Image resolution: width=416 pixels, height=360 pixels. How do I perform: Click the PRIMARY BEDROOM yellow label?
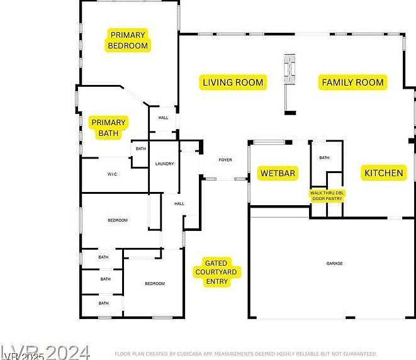(128, 40)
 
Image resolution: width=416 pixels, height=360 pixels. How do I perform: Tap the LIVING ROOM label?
(233, 82)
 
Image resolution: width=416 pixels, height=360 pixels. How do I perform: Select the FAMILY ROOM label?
(352, 82)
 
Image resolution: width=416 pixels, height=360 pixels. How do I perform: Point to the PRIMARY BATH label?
(108, 128)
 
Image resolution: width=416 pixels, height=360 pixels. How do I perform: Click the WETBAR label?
(278, 173)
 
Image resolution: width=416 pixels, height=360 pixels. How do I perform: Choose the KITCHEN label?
(384, 173)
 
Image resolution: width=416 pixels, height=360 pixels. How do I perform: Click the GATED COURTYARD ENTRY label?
(216, 272)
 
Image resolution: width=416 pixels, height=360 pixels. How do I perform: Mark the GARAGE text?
(334, 263)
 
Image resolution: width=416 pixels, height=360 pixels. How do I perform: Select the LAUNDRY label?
(164, 164)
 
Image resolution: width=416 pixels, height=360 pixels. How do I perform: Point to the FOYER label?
(225, 160)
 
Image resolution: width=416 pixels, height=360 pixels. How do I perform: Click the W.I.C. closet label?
(113, 174)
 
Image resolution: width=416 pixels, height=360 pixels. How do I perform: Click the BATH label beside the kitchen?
(324, 157)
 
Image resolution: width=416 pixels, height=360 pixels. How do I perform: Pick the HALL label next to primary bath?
(163, 118)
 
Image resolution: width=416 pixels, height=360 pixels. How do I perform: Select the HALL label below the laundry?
(179, 203)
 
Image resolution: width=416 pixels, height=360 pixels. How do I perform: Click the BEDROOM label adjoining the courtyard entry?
(155, 283)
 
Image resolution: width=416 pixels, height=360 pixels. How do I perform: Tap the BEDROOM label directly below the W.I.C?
(118, 220)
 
